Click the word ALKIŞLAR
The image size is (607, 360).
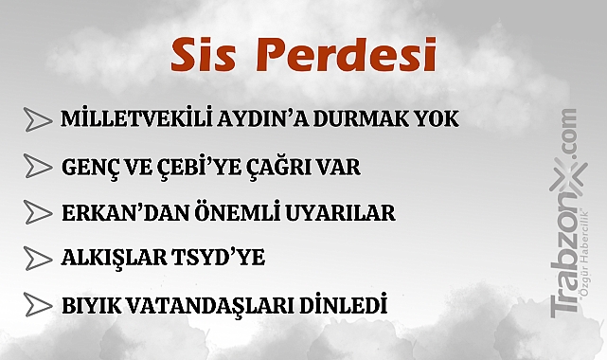tap(107, 259)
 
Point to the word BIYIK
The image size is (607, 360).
tap(90, 305)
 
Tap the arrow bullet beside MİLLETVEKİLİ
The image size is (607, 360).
tap(38, 121)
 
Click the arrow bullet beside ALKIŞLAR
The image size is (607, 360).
tap(38, 259)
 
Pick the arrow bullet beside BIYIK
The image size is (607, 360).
tap(38, 305)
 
